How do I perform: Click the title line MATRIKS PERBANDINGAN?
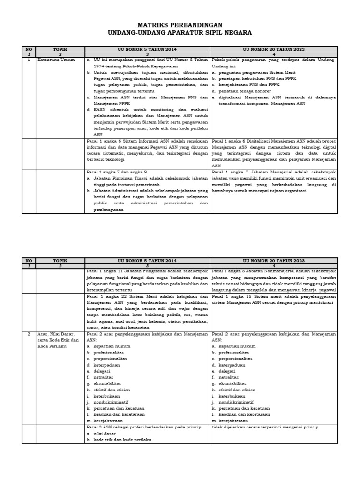pos(180,25)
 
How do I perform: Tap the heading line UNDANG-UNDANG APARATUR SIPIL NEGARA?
pos(180,33)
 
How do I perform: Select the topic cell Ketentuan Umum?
pos(56,60)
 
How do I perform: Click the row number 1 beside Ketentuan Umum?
pos(29,60)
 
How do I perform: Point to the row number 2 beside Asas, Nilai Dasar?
pos(29,334)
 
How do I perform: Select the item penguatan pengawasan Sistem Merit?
pos(255,73)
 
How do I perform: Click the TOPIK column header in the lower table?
pos(60,260)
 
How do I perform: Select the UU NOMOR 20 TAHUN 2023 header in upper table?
pos(274,49)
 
